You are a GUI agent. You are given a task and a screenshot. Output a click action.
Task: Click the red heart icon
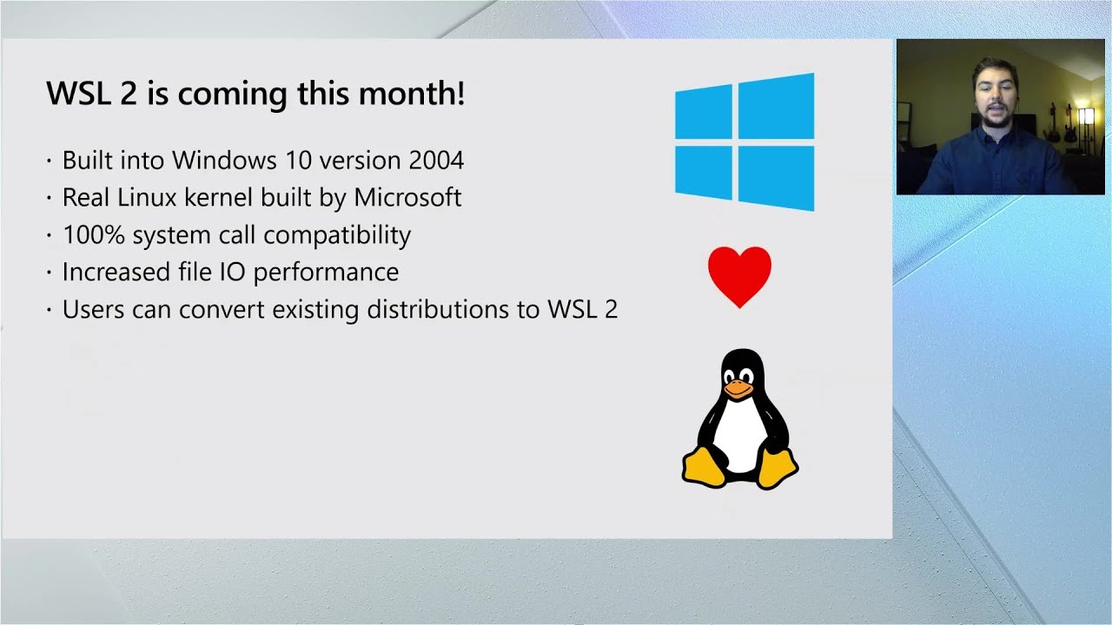tap(739, 275)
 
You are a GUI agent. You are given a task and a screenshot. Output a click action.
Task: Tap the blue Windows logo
tap(745, 142)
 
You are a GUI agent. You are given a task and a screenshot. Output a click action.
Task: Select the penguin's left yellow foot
tap(704, 466)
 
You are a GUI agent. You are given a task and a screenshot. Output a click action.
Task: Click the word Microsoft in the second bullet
tap(407, 198)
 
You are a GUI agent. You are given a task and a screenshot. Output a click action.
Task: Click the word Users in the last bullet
tap(94, 310)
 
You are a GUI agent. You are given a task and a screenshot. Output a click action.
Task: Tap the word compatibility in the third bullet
tap(337, 235)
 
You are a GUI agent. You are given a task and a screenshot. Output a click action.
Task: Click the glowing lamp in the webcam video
tap(1085, 116)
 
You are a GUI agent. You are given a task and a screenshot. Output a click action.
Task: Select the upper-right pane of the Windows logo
tap(777, 108)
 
